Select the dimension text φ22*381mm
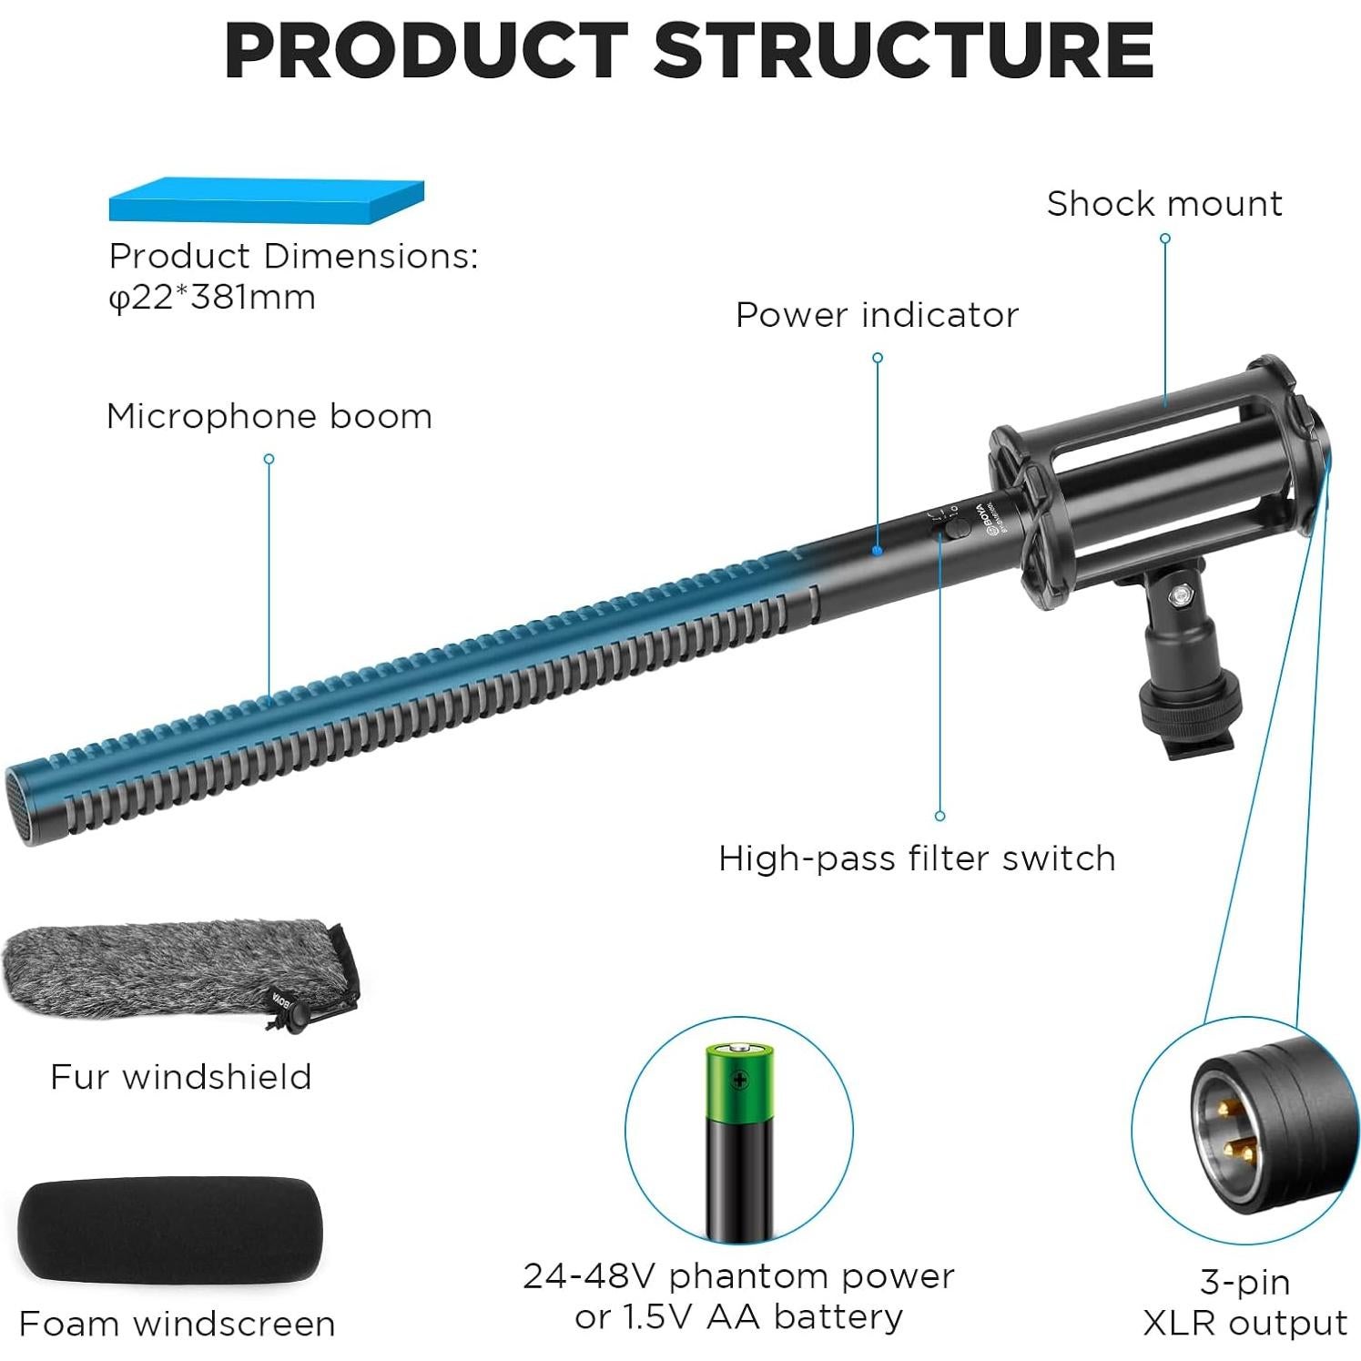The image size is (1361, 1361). [212, 298]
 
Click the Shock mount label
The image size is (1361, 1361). [1163, 204]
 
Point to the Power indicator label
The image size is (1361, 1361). [876, 315]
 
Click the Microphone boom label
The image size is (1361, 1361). [269, 416]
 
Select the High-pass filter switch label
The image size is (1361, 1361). [916, 858]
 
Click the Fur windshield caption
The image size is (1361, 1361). [180, 1077]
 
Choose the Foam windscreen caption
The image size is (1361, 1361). [177, 1324]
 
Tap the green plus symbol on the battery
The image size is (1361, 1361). [740, 1081]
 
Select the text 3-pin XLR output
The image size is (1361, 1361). [1244, 1302]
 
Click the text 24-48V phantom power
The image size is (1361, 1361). [738, 1276]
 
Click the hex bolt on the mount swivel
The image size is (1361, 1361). [1183, 596]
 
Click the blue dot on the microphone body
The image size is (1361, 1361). [877, 551]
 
